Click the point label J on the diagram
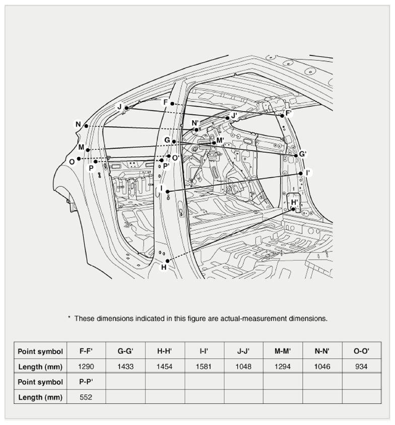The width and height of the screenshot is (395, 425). [x=119, y=107]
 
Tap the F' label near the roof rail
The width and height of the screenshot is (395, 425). [x=289, y=113]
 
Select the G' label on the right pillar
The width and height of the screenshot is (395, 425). [x=302, y=154]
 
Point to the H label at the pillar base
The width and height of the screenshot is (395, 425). [x=164, y=267]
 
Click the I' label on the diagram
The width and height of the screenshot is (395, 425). [x=307, y=173]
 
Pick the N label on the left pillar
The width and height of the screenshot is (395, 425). [x=78, y=124]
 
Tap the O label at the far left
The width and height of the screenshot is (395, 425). [x=72, y=162]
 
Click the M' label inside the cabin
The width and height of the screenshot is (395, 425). [x=220, y=140]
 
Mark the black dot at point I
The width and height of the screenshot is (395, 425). [x=167, y=192]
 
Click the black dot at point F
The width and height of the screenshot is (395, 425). [x=172, y=104]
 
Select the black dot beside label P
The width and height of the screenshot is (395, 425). [x=96, y=162]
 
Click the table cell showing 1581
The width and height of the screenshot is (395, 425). [x=204, y=367]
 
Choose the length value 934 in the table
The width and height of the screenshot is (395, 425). [x=361, y=367]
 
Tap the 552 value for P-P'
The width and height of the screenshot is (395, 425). [x=86, y=397]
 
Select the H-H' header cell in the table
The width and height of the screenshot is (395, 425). [x=165, y=351]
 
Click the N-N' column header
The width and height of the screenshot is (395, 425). [x=322, y=351]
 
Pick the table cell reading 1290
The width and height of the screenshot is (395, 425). [x=86, y=367]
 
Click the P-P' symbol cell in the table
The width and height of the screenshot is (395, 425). [x=86, y=382]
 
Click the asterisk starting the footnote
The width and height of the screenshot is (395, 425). [x=69, y=317]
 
